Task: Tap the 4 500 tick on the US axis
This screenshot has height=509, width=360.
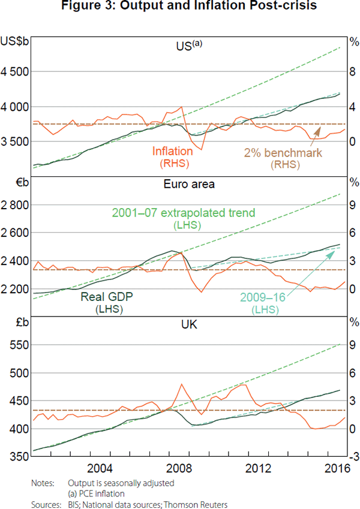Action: point(15,72)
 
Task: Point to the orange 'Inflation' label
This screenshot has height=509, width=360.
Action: point(173,151)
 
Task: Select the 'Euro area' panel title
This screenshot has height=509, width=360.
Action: point(189,184)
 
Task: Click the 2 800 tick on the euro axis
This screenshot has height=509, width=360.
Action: point(15,205)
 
